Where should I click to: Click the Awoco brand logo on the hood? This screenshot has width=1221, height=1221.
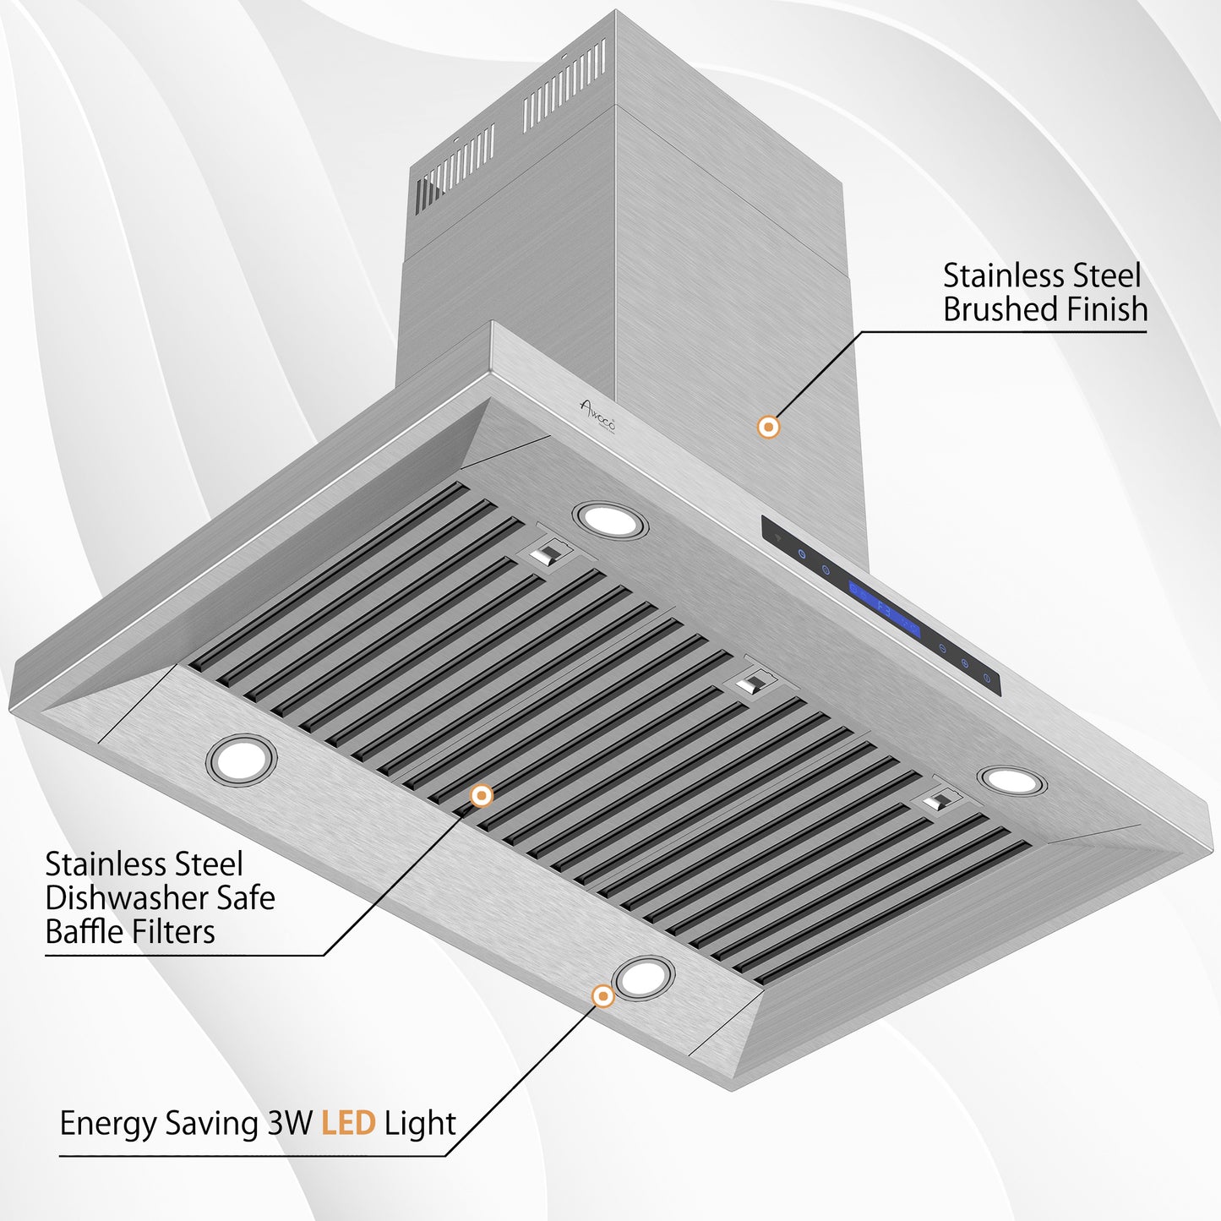click(x=597, y=412)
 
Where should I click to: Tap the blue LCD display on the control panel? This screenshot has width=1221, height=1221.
click(x=884, y=608)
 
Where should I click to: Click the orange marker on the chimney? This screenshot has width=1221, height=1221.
click(x=768, y=427)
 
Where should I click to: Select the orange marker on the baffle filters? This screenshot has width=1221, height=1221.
click(x=482, y=795)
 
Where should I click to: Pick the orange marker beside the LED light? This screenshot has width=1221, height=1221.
click(x=602, y=996)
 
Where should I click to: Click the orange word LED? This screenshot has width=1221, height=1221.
click(x=348, y=1124)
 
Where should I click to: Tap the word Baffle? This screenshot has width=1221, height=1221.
click(x=82, y=932)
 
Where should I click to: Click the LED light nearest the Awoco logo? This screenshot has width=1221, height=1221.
click(x=611, y=520)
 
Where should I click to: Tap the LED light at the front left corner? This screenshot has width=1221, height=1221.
click(x=241, y=760)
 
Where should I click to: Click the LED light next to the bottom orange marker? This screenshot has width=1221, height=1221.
click(x=644, y=978)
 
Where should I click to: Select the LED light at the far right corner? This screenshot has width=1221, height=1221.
click(x=1012, y=781)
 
